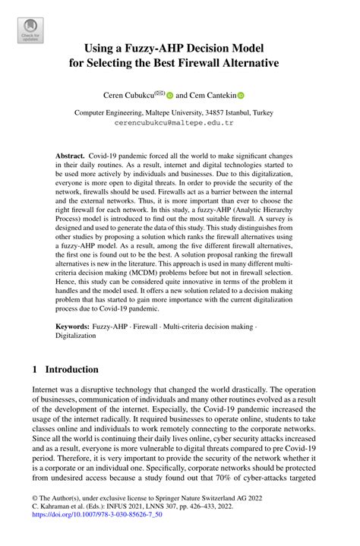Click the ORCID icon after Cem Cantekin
pyautogui.click(x=242, y=96)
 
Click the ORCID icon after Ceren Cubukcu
pyautogui.click(x=170, y=96)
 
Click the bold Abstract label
pyautogui.click(x=70, y=154)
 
